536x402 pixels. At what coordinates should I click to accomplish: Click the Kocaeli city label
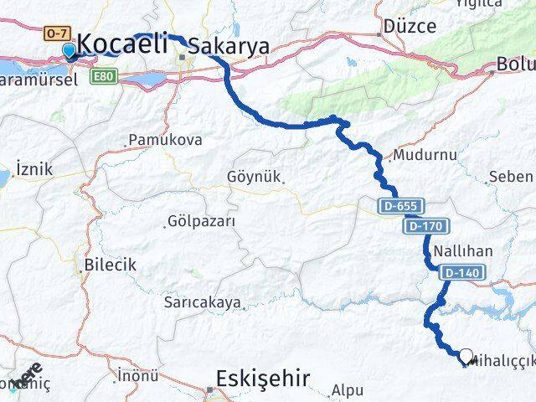(123, 45)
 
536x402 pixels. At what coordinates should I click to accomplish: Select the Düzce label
(410, 26)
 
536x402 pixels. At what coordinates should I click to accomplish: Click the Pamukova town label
(165, 140)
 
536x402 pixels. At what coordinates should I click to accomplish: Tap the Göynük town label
(255, 177)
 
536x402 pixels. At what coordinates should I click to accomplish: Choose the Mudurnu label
(424, 156)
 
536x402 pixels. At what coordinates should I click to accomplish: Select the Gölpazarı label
(201, 222)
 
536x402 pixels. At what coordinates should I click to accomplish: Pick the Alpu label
(347, 389)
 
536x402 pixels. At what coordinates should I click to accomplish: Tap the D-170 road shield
(428, 226)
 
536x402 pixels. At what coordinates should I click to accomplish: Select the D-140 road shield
(461, 272)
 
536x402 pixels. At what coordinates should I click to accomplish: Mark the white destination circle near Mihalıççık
(466, 355)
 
